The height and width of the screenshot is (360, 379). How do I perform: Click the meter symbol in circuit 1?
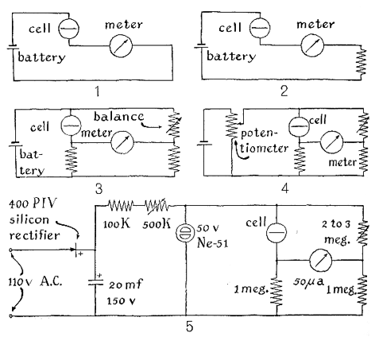point(121,45)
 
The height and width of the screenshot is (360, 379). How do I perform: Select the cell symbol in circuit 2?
point(260,28)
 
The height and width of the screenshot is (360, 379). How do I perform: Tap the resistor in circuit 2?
point(362,61)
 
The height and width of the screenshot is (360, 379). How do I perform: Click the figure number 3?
point(99,189)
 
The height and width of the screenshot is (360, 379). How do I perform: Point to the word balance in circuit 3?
point(119,117)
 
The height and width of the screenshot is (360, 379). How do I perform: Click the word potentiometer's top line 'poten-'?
point(259,133)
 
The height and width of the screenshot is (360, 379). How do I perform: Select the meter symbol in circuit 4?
point(331,142)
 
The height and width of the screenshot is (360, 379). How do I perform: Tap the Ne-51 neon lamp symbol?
point(186,233)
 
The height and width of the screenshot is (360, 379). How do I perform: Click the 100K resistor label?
point(117,224)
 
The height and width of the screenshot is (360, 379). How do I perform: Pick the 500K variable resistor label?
point(157,224)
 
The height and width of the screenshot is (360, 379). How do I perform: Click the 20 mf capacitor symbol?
point(95,282)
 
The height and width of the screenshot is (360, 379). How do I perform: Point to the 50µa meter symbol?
point(320,261)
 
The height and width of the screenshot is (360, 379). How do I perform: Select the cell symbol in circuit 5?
point(277,232)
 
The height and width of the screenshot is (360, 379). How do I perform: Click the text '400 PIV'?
point(33,203)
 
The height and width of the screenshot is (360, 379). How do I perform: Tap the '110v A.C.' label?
point(35,282)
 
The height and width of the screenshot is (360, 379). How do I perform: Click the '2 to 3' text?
point(336,224)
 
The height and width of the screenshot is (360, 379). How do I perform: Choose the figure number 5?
point(189,327)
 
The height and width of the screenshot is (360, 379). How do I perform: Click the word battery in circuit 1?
point(41,58)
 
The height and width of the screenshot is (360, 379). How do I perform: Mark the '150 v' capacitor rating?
point(121,301)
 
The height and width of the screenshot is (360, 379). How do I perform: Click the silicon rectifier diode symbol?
point(75,250)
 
